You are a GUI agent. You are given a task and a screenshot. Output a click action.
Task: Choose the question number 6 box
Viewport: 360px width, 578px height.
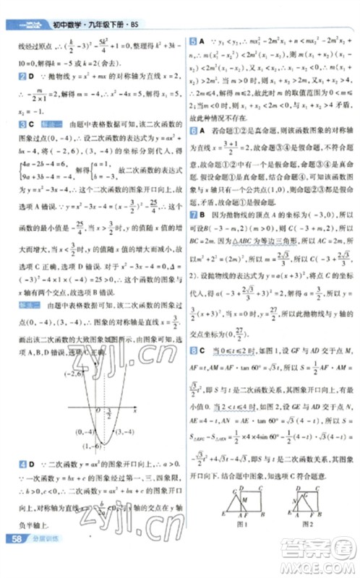click(192, 131)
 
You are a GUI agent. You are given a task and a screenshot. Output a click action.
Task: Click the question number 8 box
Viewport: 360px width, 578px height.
click(192, 350)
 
